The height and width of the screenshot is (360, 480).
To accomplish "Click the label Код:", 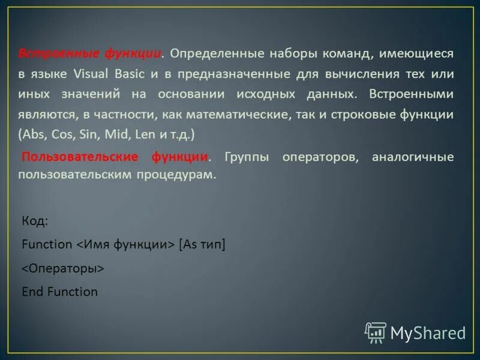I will click(35, 221).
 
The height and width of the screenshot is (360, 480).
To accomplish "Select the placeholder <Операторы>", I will click(63, 268).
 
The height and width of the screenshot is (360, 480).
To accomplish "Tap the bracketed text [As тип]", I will click(202, 244).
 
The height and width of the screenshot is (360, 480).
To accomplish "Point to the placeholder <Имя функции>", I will click(125, 244).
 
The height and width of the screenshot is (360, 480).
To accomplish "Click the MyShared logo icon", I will click(376, 332).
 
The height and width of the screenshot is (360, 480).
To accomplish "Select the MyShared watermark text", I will click(428, 333).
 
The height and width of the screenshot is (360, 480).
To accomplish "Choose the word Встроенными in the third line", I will click(411, 94).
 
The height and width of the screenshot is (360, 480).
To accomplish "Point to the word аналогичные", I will click(412, 157).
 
